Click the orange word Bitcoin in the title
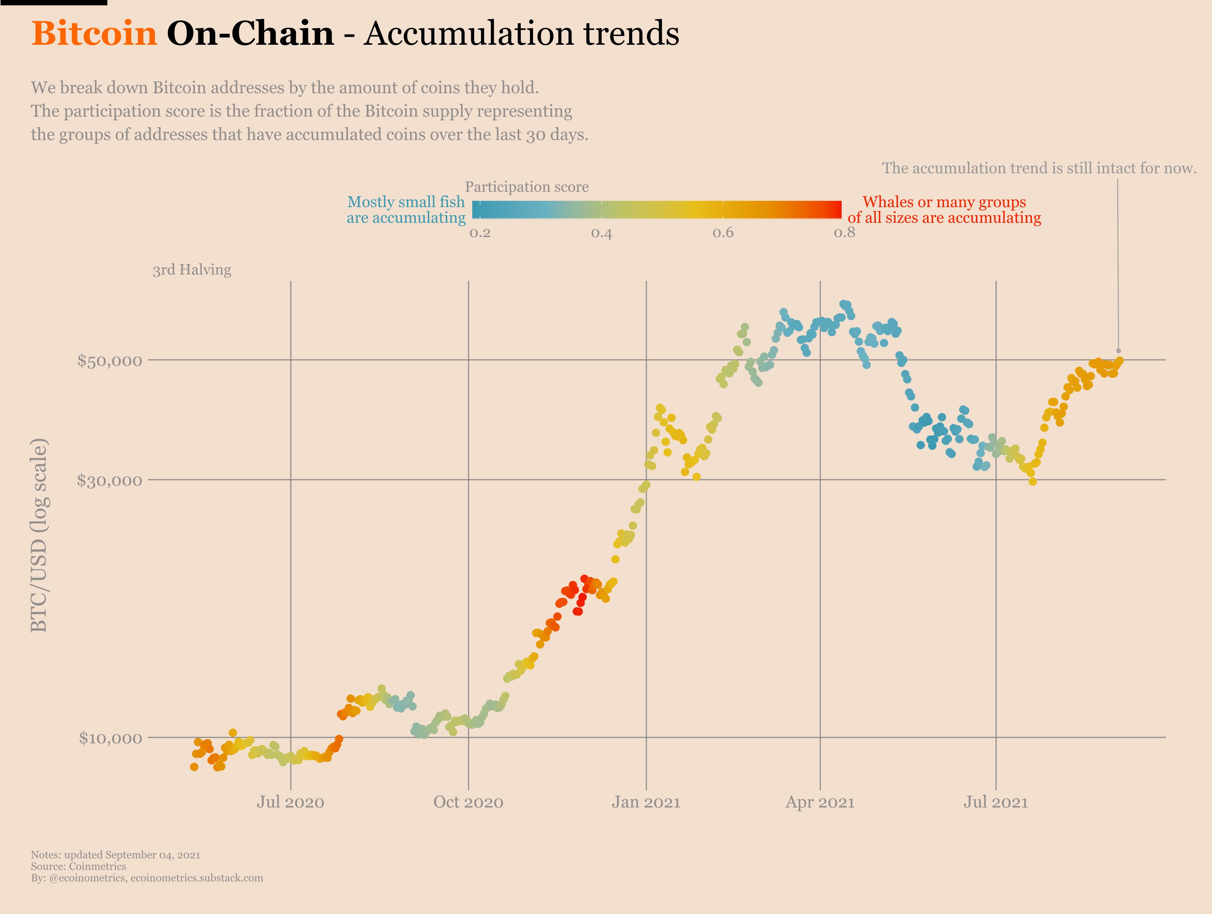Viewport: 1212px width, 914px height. [x=94, y=33]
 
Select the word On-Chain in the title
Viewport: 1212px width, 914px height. [x=250, y=33]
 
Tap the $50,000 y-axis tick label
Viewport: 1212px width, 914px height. [x=110, y=360]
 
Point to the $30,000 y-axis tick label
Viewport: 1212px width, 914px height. [x=110, y=480]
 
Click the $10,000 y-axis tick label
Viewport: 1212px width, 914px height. [x=111, y=738]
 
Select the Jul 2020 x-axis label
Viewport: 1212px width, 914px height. [x=290, y=802]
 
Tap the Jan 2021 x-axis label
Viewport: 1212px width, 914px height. [x=646, y=802]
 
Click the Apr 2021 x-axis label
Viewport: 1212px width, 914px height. [x=820, y=802]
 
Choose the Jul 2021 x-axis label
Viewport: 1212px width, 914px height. [x=996, y=802]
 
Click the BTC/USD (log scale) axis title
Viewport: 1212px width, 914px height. [x=39, y=535]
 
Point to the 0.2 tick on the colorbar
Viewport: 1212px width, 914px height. [x=480, y=233]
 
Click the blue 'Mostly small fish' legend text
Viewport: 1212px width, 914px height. [x=406, y=202]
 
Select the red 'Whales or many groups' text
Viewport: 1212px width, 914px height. [x=944, y=202]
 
